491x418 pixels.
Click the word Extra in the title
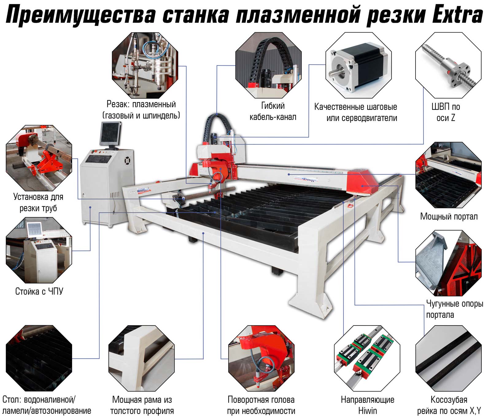(x=458, y=15)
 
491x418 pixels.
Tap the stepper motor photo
(x=358, y=65)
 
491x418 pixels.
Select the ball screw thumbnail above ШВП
(x=448, y=65)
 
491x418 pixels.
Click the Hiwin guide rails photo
(x=367, y=358)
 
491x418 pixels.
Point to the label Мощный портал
(x=449, y=216)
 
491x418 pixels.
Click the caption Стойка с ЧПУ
(x=39, y=291)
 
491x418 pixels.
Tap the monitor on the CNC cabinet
(x=110, y=134)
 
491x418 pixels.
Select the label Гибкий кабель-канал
(x=273, y=111)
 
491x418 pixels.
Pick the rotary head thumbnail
(x=261, y=358)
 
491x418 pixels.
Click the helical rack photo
(x=448, y=358)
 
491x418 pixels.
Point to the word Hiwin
(x=367, y=411)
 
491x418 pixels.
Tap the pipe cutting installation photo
(x=39, y=158)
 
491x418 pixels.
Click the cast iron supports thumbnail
(x=448, y=263)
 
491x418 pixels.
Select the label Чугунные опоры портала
(x=454, y=309)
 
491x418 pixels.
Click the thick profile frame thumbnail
(x=141, y=358)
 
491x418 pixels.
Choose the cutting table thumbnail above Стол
(x=39, y=358)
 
